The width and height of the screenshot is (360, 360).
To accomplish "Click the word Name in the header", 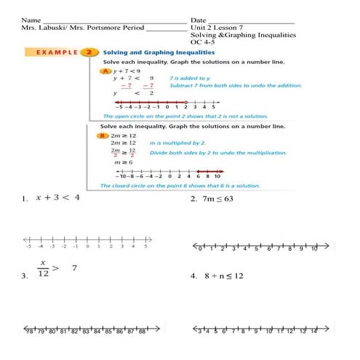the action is tap(30, 20).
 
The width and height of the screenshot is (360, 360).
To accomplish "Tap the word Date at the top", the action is tap(199, 20).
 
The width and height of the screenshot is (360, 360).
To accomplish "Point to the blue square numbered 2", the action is tap(88, 52).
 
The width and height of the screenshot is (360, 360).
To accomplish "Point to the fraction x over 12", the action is tap(43, 268).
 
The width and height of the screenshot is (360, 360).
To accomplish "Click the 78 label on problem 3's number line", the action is tap(30, 331).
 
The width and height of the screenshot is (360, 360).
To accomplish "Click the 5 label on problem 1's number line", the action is tap(146, 247).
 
